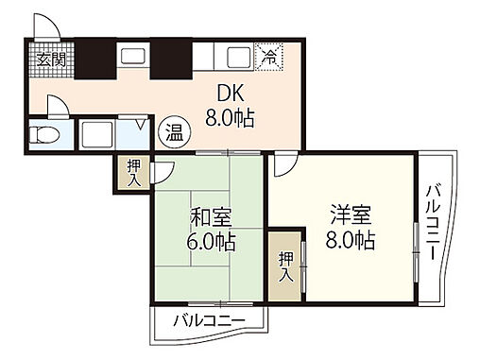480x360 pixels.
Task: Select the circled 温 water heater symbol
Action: [172, 131]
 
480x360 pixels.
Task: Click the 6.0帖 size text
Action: [208, 240]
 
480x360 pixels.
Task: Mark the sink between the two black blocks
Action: [132, 57]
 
